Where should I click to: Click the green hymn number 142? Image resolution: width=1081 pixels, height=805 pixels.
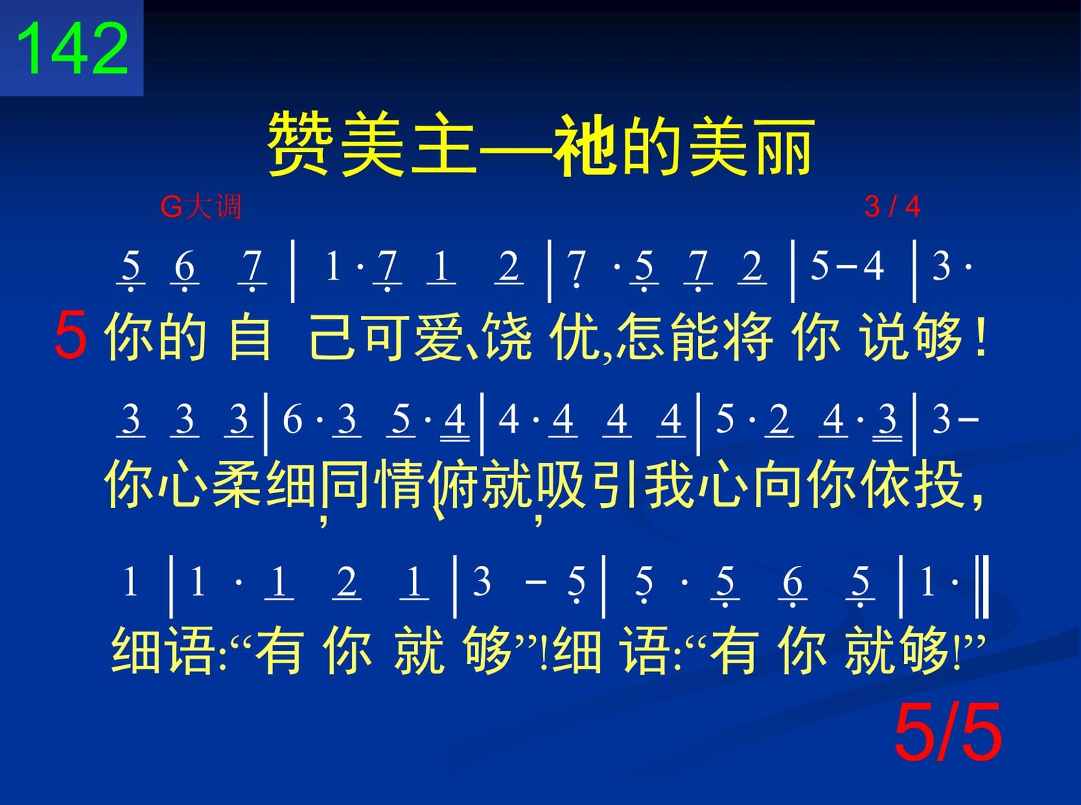click(72, 49)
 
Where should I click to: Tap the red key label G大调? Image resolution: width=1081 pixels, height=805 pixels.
click(201, 207)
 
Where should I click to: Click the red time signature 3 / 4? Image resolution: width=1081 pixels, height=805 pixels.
click(893, 207)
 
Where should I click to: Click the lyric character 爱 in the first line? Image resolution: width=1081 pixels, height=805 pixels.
click(438, 337)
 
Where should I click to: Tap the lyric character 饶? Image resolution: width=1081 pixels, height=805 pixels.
click(507, 337)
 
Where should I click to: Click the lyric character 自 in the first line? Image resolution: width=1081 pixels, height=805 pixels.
click(250, 337)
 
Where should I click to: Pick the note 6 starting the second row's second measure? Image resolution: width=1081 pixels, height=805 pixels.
click(292, 419)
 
